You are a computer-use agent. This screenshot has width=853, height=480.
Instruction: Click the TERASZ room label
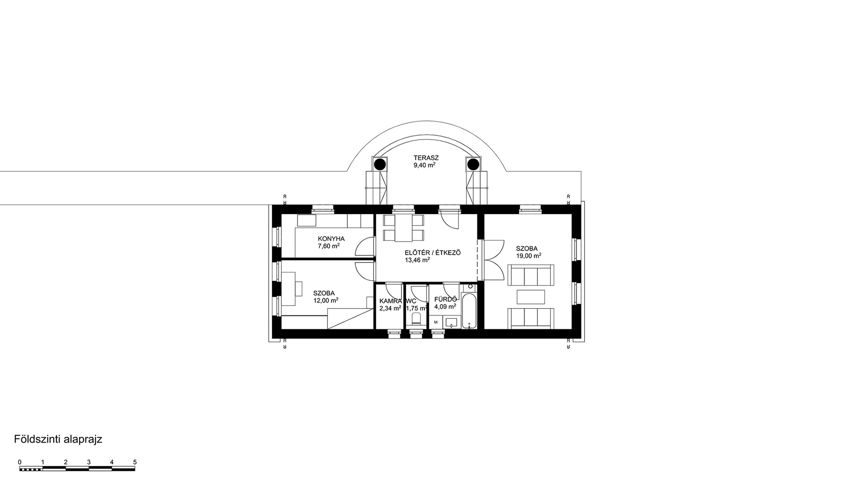426,158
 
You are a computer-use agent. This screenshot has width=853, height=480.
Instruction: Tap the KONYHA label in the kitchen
331,239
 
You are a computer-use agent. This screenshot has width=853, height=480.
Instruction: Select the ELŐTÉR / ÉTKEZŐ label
433,253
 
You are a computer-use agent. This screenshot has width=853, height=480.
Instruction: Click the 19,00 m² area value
528,256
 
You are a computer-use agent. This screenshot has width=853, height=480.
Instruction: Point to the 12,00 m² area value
326,300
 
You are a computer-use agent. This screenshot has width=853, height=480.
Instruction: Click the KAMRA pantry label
391,301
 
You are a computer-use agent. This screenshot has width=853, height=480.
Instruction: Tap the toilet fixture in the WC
417,319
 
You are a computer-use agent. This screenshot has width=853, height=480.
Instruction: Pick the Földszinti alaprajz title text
58,440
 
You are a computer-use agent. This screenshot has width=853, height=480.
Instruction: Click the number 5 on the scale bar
135,462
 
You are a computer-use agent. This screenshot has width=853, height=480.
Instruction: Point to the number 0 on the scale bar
20,462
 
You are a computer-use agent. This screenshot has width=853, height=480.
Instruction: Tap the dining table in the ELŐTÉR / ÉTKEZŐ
404,228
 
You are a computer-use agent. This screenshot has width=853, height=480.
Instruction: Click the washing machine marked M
436,322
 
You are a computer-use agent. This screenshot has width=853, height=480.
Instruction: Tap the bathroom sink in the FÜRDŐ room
452,322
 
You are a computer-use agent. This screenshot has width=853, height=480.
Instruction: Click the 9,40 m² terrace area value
424,165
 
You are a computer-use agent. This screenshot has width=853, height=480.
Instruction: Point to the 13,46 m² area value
417,260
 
